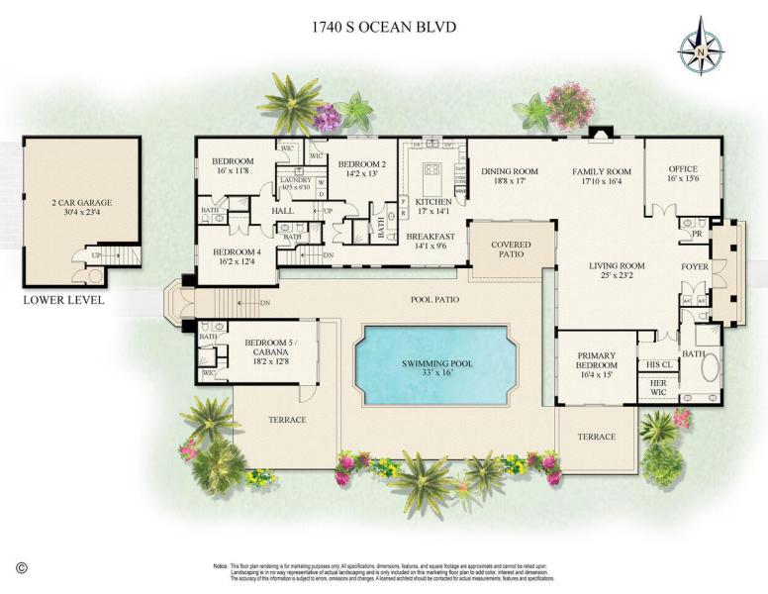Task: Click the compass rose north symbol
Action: pyautogui.click(x=701, y=46)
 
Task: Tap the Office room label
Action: pyautogui.click(x=683, y=174)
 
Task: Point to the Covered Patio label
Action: pyautogui.click(x=511, y=248)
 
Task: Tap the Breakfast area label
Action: pyautogui.click(x=431, y=241)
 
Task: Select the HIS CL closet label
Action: pyautogui.click(x=658, y=364)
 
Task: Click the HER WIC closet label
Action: pyautogui.click(x=658, y=387)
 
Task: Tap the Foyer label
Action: pyautogui.click(x=695, y=267)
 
